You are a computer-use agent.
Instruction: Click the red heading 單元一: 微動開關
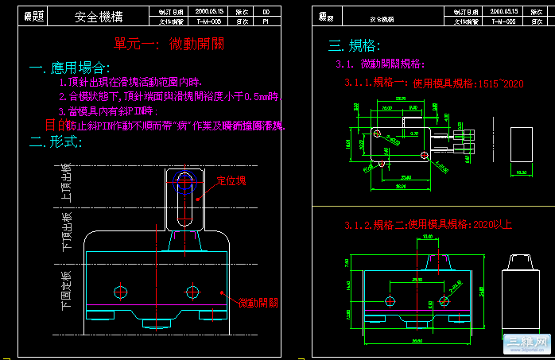[162, 43]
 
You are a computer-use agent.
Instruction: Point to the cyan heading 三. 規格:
[355, 45]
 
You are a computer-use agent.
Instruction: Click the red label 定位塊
[231, 180]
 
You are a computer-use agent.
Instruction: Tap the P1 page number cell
[266, 22]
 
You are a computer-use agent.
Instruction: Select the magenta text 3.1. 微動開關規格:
[381, 64]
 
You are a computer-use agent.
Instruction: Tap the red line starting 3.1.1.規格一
[433, 83]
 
